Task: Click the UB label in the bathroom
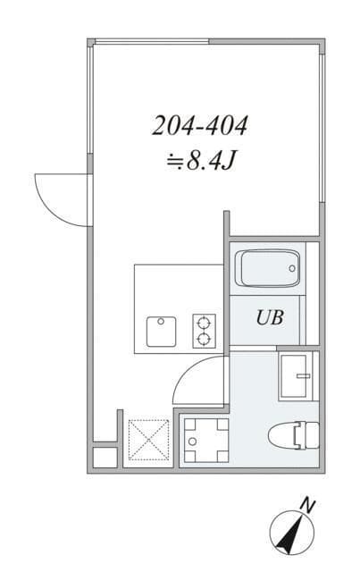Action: point(271,317)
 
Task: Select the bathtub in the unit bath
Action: point(267,267)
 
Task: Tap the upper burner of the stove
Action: point(204,323)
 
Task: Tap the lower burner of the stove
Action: point(204,339)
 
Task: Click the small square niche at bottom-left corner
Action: point(104,456)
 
